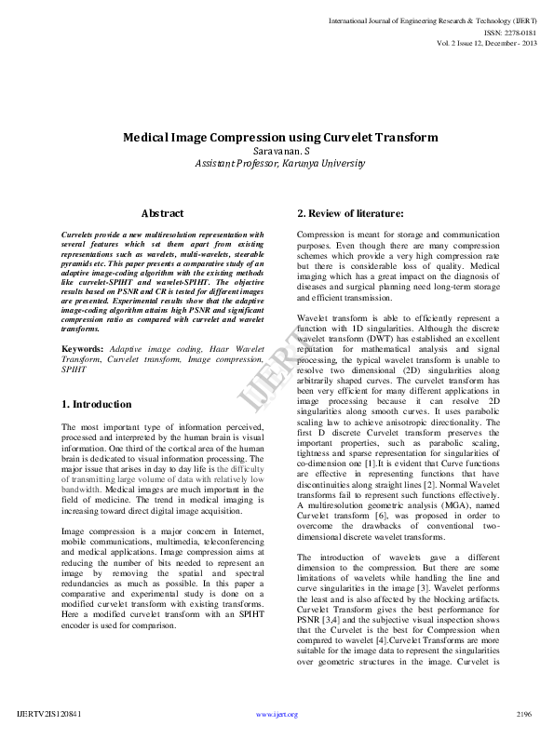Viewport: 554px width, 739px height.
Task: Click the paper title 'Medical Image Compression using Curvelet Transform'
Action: (279, 137)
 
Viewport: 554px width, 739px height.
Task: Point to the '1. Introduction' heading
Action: (96, 405)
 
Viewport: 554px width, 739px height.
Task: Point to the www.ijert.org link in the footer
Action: (277, 714)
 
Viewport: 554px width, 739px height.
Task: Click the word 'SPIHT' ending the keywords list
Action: (74, 369)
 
